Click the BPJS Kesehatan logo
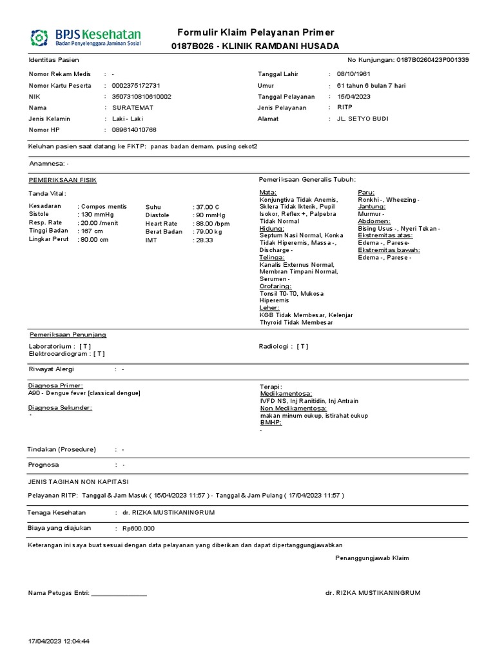85,37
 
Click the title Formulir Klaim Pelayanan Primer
256,33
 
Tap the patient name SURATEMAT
133,108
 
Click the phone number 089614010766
134,130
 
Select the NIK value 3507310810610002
142,97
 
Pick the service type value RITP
345,108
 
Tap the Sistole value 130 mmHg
96,215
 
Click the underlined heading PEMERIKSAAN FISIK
63,180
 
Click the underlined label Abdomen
374,220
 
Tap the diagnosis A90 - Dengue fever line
84,393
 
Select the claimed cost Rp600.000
138,529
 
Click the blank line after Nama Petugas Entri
119,594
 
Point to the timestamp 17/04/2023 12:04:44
59,641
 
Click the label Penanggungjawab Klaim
372,558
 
